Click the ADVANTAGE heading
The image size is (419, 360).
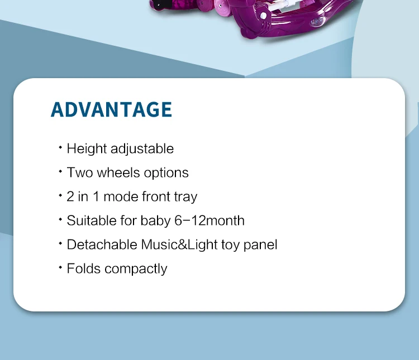[111, 109]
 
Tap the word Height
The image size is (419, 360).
[87, 149]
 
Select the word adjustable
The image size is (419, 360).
[142, 149]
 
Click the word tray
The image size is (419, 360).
[185, 197]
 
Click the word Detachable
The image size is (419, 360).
[102, 244]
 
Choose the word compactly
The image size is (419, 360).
[136, 269]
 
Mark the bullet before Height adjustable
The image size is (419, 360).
[60, 148]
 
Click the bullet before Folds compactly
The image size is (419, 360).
[60, 267]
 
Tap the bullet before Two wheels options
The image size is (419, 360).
[60, 172]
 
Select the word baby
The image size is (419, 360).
[155, 220]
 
